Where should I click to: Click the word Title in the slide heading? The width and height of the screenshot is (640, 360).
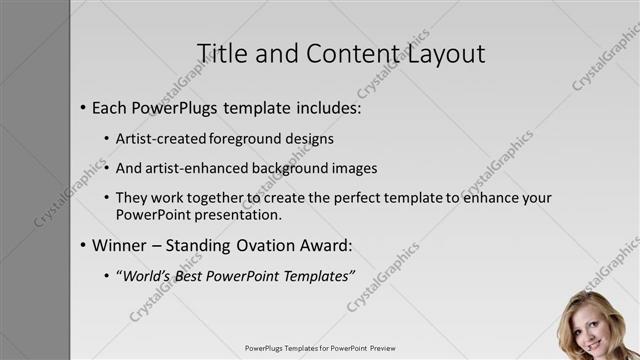[219, 53]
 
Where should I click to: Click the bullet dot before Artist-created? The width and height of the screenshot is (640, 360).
[107, 139]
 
